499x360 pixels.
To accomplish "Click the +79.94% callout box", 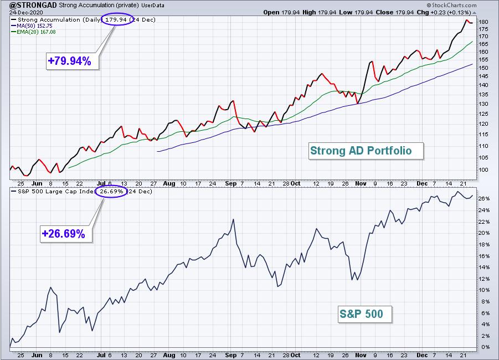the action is (x=73, y=61).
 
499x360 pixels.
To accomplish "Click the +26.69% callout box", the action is (x=66, y=234).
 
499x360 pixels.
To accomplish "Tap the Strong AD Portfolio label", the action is (x=366, y=151).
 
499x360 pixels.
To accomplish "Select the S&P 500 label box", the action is (x=365, y=314).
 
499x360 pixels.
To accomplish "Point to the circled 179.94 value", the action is (x=116, y=19).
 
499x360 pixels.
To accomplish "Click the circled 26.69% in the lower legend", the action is (x=111, y=191).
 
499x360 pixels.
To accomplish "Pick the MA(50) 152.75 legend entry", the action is (x=32, y=26).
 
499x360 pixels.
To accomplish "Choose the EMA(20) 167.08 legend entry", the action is (x=33, y=32).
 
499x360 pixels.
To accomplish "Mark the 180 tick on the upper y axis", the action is (x=483, y=22).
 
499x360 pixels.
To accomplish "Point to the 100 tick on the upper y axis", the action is (x=483, y=169).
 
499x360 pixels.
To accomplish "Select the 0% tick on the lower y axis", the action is (x=485, y=347).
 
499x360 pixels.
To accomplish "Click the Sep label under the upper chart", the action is (x=231, y=183).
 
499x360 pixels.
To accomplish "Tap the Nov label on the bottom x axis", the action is (x=361, y=355).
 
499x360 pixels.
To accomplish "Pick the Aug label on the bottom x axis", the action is (x=169, y=355).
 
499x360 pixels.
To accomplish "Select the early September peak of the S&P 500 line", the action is (x=233, y=219).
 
